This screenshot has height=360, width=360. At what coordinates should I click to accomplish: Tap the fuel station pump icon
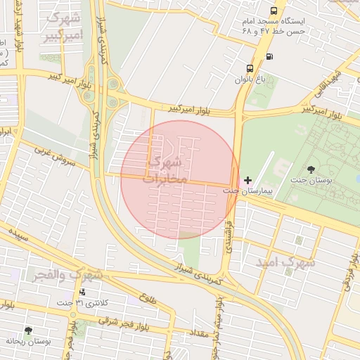pyautogui.click(x=270, y=56)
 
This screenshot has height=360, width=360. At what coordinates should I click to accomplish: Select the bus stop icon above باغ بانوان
pyautogui.click(x=250, y=68)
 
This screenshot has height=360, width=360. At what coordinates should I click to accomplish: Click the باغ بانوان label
pyautogui.click(x=251, y=79)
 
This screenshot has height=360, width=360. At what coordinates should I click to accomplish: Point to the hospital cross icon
pyautogui.click(x=247, y=180)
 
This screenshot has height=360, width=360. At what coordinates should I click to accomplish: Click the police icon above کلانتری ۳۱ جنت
pyautogui.click(x=83, y=291)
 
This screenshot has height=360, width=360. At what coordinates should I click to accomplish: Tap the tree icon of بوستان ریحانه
pyautogui.click(x=28, y=330)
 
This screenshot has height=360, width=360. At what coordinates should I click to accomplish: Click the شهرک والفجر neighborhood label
pyautogui.click(x=67, y=274)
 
